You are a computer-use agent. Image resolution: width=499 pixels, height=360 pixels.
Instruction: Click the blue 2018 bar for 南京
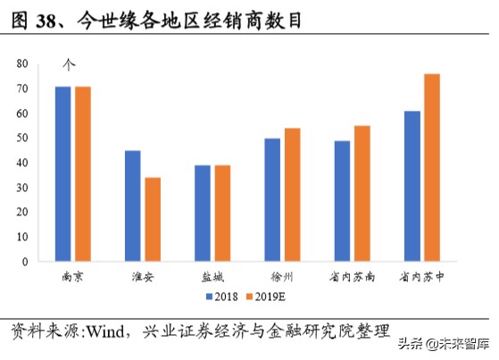pos(63,174)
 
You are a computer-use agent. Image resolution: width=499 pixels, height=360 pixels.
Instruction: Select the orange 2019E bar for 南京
pos(83,174)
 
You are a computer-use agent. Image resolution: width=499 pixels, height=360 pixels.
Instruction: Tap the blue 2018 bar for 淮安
pos(133,206)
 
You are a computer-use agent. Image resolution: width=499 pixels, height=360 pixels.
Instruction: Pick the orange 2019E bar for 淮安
pos(153,220)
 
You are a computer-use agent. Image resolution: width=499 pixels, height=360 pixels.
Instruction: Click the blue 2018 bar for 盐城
pos(203,213)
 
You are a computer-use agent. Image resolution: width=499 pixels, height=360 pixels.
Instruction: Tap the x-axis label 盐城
pos(212,277)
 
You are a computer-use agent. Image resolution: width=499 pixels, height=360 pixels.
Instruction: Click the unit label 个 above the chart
pos(68,64)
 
